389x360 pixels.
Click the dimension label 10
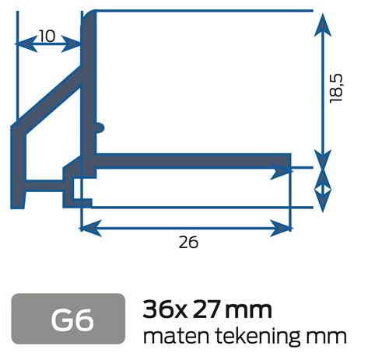click(46, 35)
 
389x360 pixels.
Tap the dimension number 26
click(187, 243)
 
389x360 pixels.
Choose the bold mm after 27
click(249, 310)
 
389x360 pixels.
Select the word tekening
click(251, 337)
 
